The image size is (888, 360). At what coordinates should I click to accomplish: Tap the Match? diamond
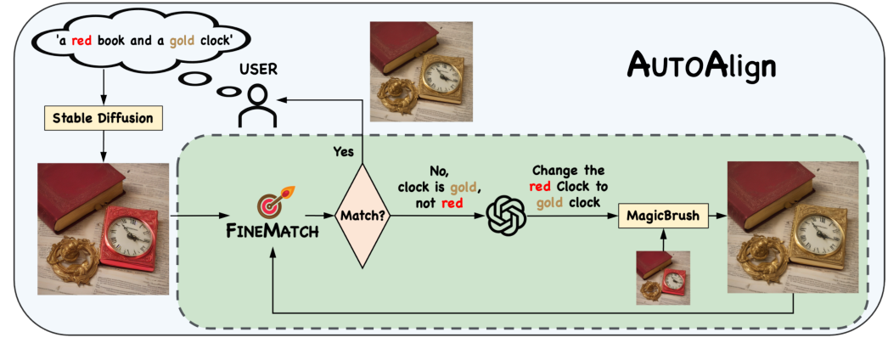point(363,216)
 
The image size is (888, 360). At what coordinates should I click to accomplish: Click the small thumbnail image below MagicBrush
point(663,278)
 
